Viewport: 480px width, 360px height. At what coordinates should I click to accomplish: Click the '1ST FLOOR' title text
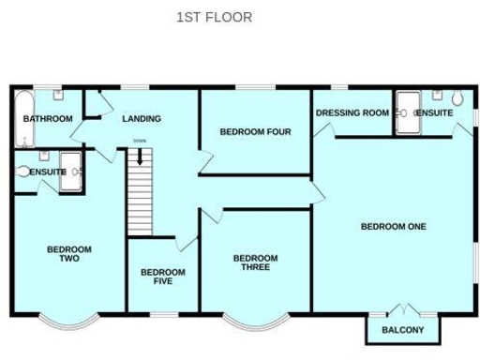pyautogui.click(x=214, y=17)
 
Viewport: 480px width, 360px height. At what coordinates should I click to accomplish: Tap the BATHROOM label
pyautogui.click(x=48, y=119)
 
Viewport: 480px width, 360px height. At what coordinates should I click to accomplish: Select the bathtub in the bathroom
pyautogui.click(x=23, y=118)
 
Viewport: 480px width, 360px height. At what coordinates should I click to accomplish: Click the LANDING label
pyautogui.click(x=142, y=119)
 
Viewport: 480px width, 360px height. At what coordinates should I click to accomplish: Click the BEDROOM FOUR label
pyautogui.click(x=255, y=132)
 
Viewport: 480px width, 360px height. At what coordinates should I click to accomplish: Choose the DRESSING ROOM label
pyautogui.click(x=352, y=113)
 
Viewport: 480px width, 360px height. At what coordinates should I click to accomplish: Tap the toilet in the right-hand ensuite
pyautogui.click(x=457, y=99)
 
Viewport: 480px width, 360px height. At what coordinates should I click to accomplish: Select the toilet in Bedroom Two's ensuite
pyautogui.click(x=23, y=172)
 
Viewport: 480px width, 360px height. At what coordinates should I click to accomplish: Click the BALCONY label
pyautogui.click(x=403, y=330)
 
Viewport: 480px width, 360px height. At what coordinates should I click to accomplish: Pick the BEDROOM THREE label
pyautogui.click(x=255, y=262)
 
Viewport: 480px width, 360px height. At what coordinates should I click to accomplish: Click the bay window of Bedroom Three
pyautogui.click(x=255, y=322)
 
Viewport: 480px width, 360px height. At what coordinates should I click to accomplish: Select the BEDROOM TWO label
pyautogui.click(x=69, y=253)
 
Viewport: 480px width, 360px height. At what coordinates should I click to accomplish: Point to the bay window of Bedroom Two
pyautogui.click(x=69, y=322)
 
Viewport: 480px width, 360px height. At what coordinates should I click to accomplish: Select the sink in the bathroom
pyautogui.click(x=58, y=95)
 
